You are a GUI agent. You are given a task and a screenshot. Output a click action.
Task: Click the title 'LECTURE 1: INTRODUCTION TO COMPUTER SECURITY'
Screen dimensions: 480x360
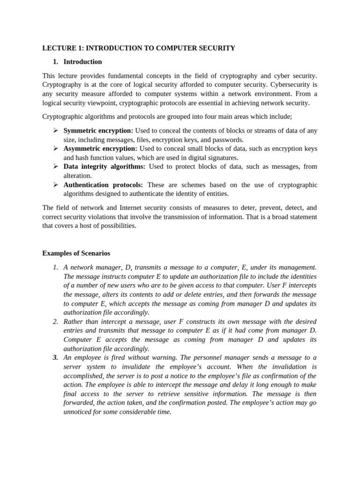(x=138, y=48)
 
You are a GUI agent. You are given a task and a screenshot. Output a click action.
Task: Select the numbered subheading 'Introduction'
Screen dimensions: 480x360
(x=82, y=61)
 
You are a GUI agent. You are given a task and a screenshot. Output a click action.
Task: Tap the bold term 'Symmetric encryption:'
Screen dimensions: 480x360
(x=98, y=130)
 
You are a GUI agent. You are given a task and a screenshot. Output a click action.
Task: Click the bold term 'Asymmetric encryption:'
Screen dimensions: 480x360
(x=100, y=148)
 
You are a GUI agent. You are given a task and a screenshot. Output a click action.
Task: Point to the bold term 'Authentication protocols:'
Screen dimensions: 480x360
(x=103, y=185)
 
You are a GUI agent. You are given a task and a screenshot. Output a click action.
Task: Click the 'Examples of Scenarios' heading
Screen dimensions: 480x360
(x=76, y=253)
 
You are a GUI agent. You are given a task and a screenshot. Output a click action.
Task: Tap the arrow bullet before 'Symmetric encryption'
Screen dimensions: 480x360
(x=55, y=130)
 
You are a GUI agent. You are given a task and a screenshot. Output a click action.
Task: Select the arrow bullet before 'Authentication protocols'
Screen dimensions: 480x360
(x=55, y=185)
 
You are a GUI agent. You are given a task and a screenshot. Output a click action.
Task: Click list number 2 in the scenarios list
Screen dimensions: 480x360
(x=55, y=322)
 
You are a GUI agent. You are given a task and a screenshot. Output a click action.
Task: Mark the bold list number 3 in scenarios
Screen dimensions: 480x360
(x=55, y=358)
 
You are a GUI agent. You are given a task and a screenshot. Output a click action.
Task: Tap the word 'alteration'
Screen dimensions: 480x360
(x=77, y=175)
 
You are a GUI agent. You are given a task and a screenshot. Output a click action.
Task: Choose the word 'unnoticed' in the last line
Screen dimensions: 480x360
(x=78, y=412)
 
